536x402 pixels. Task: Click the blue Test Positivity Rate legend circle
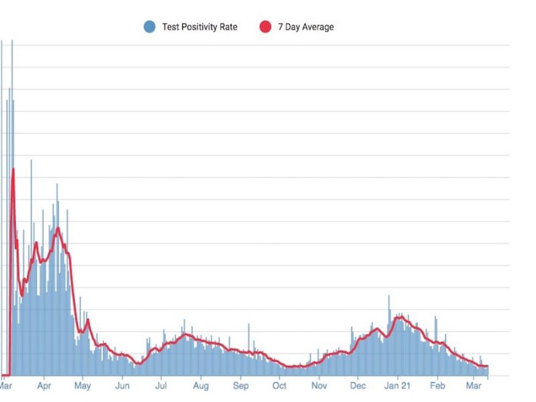[149, 27]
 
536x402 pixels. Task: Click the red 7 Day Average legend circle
[265, 27]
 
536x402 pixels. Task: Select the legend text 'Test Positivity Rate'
[200, 27]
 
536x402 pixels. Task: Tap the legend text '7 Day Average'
[306, 27]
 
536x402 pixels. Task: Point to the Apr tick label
[44, 386]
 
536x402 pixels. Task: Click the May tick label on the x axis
[82, 386]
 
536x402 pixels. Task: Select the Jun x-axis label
[122, 386]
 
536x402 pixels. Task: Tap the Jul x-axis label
[161, 386]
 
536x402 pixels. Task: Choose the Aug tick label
[200, 386]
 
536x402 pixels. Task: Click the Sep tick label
[241, 386]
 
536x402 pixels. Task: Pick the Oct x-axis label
[279, 386]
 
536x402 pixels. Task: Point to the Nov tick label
[319, 386]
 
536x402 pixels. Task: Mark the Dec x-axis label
[358, 386]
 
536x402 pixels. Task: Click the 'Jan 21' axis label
[397, 386]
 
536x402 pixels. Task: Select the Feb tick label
[438, 386]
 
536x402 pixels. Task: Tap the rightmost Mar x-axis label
[474, 386]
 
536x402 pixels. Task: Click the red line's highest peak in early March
[13, 169]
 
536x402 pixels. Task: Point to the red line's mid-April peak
[58, 228]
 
